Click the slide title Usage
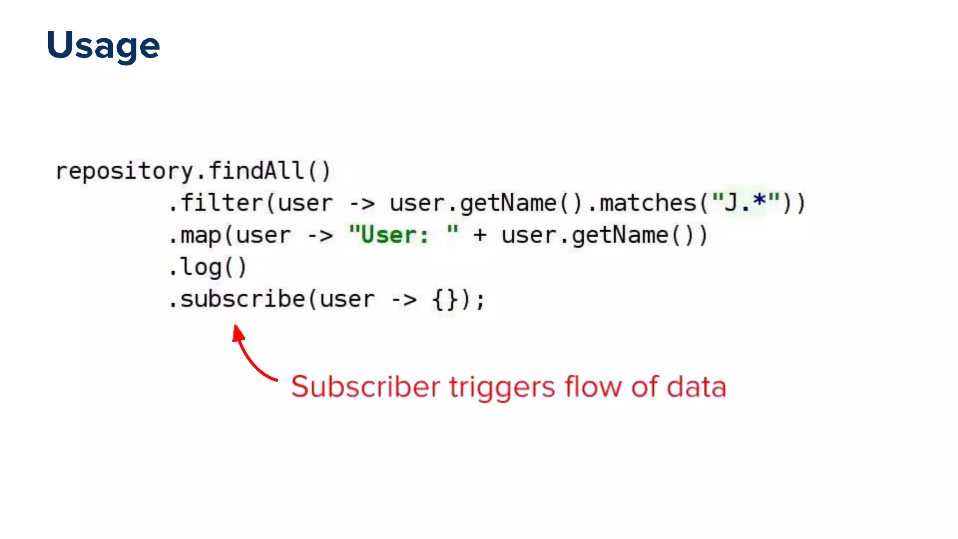click(x=103, y=46)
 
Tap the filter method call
click(x=222, y=203)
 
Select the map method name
click(x=201, y=235)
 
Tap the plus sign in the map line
click(x=480, y=235)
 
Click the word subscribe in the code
click(x=242, y=299)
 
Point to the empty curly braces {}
click(x=445, y=299)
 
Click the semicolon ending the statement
click(x=480, y=300)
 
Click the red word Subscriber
click(x=365, y=387)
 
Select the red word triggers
click(x=502, y=388)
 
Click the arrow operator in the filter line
click(x=362, y=204)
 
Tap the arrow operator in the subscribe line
click(x=404, y=300)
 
